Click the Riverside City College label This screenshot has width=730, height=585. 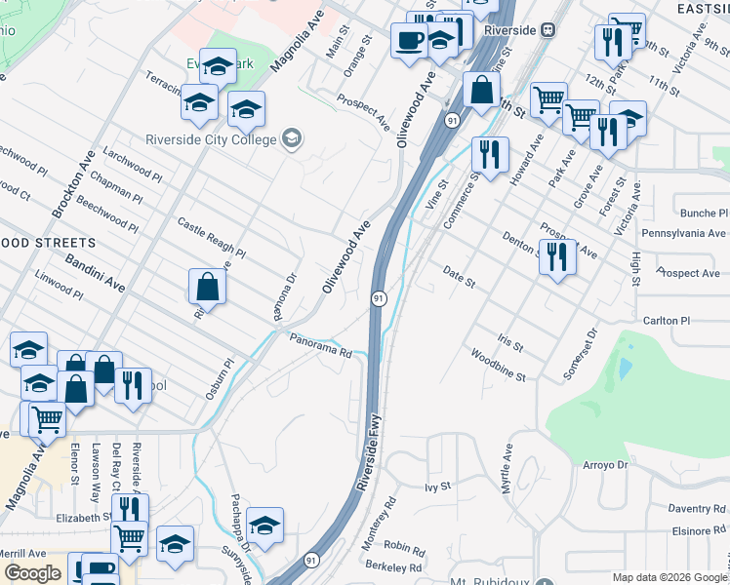coord(212,137)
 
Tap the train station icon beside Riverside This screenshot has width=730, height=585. coord(549,29)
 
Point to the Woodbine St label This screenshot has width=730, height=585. coord(498,365)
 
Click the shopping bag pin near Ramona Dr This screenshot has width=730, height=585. coord(207,287)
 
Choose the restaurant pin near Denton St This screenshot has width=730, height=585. coord(557,256)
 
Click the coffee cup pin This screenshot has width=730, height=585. coord(408,40)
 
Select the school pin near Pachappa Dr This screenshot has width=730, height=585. coord(264,526)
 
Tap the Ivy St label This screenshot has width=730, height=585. coord(437,485)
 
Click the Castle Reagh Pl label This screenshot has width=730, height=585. coord(211,239)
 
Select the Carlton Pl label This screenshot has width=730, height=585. coord(666,320)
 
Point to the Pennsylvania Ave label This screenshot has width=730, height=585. coord(683,234)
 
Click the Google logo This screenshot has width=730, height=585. coord(32,572)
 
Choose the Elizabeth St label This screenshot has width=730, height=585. coord(84,518)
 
